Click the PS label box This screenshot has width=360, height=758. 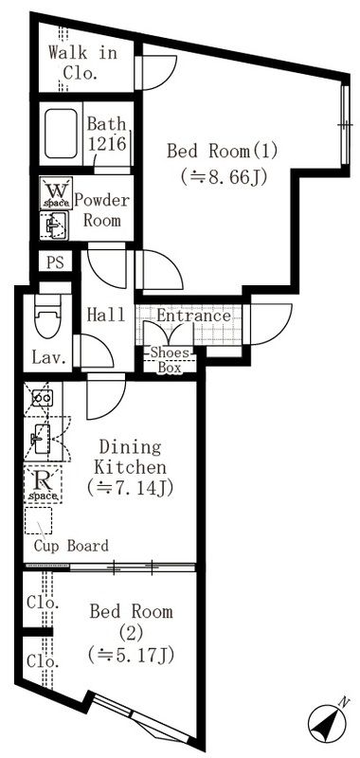(x=54, y=263)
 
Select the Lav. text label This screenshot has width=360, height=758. (x=49, y=357)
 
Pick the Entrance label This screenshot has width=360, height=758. (x=193, y=316)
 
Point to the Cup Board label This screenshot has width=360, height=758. (x=71, y=546)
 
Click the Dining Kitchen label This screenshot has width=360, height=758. (x=131, y=457)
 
